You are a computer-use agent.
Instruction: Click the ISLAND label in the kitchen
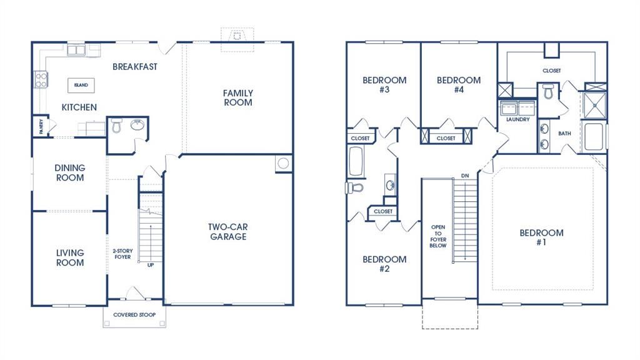tap(81, 85)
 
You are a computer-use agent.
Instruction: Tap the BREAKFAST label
tap(134, 66)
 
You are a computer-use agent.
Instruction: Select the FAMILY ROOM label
tap(238, 97)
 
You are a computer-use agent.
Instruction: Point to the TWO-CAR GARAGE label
tap(227, 232)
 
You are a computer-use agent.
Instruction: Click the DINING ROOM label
tap(70, 172)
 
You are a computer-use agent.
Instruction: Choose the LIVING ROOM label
tap(70, 257)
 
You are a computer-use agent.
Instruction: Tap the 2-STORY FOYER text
tap(122, 254)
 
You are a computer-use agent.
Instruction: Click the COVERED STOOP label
tap(134, 315)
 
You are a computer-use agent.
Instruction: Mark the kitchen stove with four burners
tap(41, 79)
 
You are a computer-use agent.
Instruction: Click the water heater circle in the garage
tap(282, 164)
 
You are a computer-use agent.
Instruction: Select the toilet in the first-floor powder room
tap(116, 127)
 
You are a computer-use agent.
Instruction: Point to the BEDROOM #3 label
tap(384, 84)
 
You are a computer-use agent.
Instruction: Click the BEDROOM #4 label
tap(459, 84)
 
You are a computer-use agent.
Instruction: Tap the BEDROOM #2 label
tap(384, 264)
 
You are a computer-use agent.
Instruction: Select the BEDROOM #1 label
tap(541, 237)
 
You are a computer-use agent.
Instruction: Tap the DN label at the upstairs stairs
tap(464, 176)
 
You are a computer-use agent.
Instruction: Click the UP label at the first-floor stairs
tap(151, 264)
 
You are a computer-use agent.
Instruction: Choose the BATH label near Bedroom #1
tap(564, 133)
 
